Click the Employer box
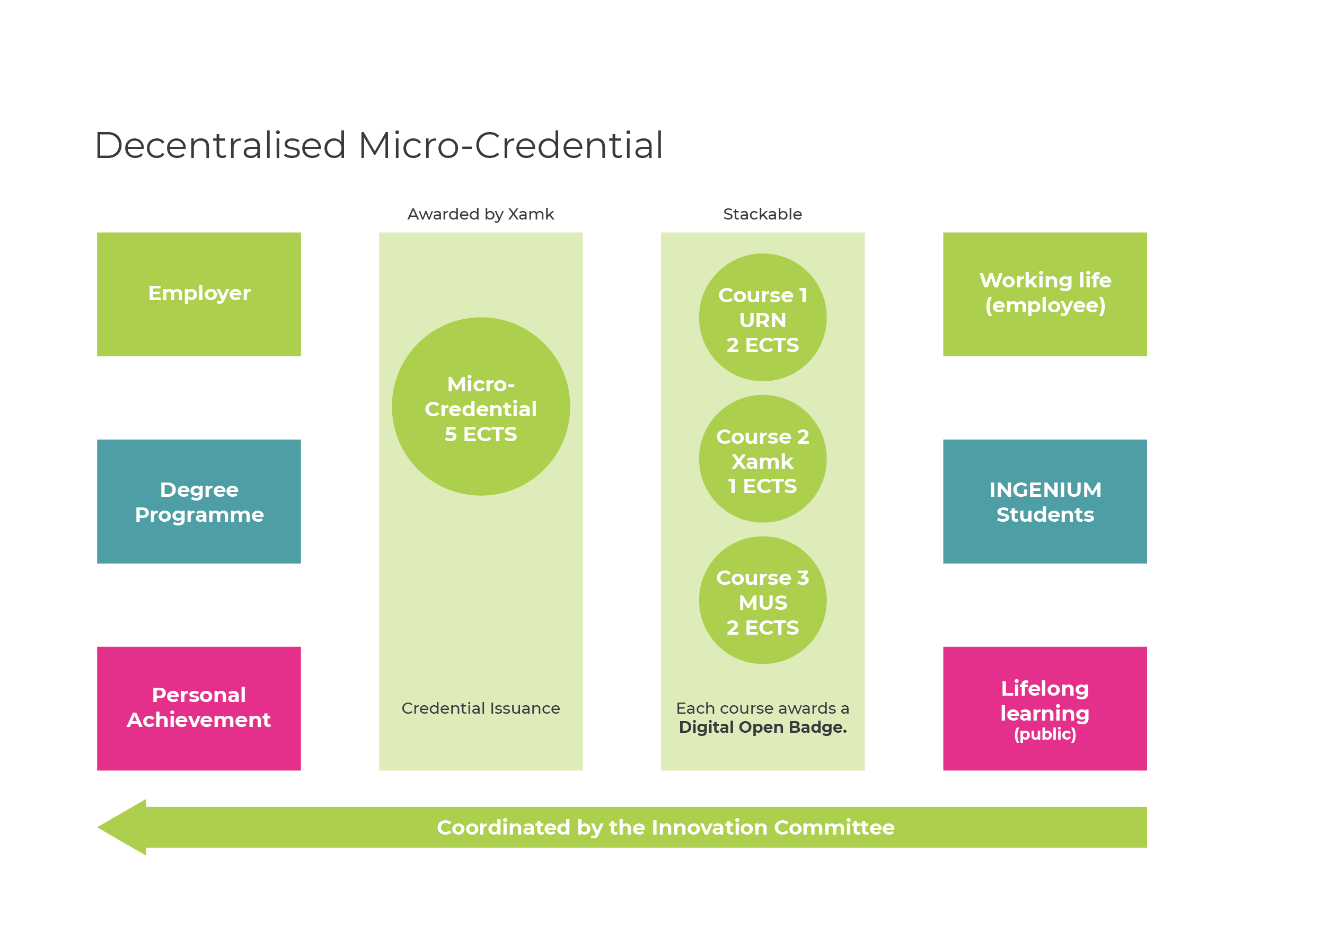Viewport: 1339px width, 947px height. (199, 294)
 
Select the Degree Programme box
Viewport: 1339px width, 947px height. (199, 501)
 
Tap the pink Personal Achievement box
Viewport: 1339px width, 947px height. (199, 708)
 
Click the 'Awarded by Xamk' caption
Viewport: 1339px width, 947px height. (481, 214)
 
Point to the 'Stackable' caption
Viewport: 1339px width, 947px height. (762, 214)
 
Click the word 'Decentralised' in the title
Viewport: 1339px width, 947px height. (221, 145)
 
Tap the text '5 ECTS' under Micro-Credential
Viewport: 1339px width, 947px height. (481, 434)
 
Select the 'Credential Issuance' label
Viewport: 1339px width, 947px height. (481, 708)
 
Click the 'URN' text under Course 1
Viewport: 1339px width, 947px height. (762, 320)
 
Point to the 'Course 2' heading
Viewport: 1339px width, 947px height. (762, 436)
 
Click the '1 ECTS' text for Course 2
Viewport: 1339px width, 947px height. (762, 486)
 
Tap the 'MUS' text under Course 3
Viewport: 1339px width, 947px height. (762, 603)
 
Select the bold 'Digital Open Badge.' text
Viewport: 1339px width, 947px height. (762, 727)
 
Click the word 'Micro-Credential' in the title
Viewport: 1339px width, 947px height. (511, 145)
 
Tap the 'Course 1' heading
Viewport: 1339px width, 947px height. (762, 295)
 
